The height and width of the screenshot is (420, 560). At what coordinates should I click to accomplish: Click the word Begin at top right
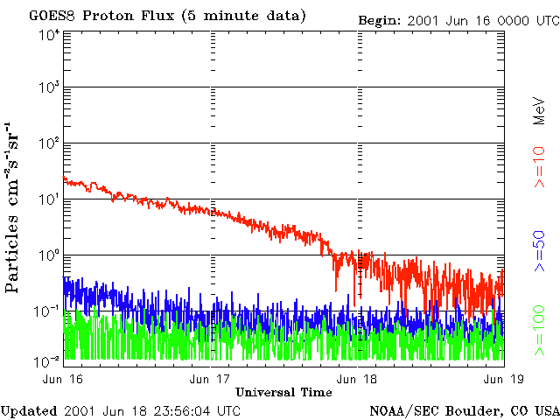tap(381, 19)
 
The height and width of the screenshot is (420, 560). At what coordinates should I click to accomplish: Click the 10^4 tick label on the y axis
tap(48, 36)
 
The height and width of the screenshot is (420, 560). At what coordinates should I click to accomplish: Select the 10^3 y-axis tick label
tap(48, 90)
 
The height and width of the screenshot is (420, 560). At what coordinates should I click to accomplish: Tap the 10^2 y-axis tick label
tap(48, 146)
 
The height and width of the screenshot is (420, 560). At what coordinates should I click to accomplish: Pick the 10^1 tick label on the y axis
tap(48, 202)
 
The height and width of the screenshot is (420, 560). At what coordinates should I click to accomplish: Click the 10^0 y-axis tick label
tap(48, 258)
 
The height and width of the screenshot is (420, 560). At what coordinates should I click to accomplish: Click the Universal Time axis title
tap(283, 392)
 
